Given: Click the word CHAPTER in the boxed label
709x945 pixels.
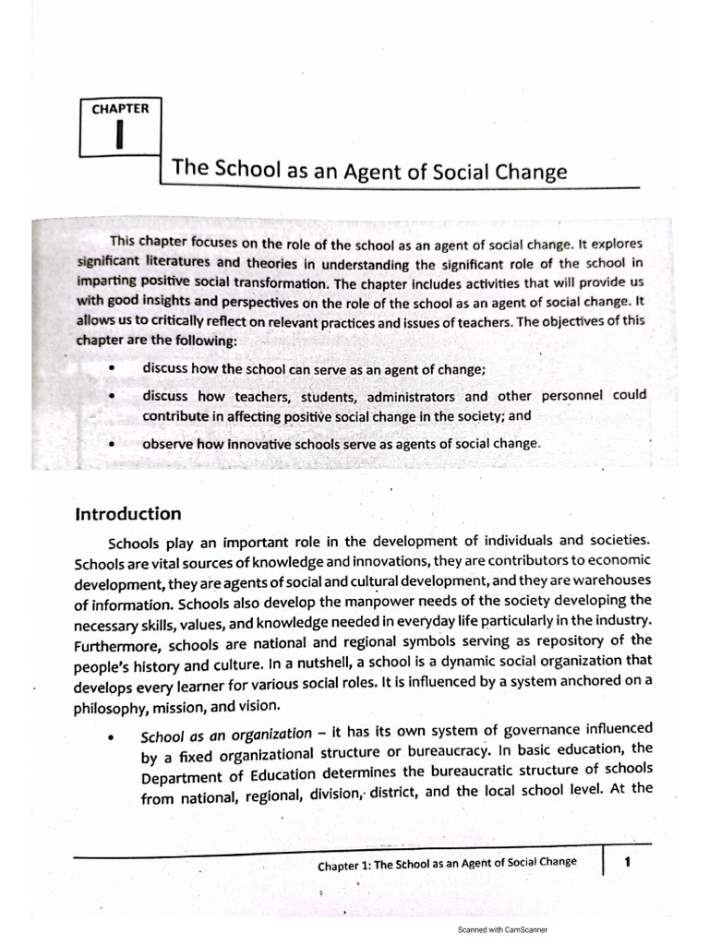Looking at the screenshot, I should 120,108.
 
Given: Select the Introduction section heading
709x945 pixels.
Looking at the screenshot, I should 128,514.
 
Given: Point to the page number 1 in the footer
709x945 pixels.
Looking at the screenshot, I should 628,862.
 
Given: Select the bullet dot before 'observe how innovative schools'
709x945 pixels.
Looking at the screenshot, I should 111,444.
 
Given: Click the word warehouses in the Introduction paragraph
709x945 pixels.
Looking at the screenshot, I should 607,580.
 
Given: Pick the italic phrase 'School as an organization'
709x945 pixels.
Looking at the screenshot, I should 226,735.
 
